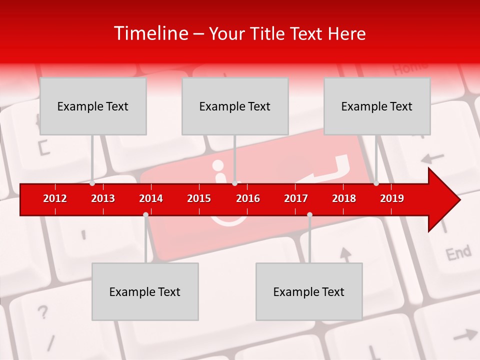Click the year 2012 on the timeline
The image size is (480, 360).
(x=55, y=198)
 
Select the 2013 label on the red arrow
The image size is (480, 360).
(x=103, y=198)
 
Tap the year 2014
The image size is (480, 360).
(x=151, y=198)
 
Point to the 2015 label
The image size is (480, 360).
(x=199, y=198)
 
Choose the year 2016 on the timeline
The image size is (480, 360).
(x=248, y=198)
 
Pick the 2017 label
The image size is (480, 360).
(x=296, y=198)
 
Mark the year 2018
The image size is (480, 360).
(x=344, y=198)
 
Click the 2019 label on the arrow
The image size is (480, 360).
(x=392, y=198)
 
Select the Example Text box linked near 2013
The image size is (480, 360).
(x=93, y=106)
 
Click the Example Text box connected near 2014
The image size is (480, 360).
(x=145, y=291)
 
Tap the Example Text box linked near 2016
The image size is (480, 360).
(x=235, y=106)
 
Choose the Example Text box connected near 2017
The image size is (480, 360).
(x=309, y=291)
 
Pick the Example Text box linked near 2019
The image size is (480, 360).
(x=377, y=106)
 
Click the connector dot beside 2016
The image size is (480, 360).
(x=235, y=183)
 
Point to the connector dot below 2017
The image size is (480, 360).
(x=309, y=214)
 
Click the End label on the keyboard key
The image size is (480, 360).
(x=458, y=253)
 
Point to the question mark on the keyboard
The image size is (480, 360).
(x=43, y=312)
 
